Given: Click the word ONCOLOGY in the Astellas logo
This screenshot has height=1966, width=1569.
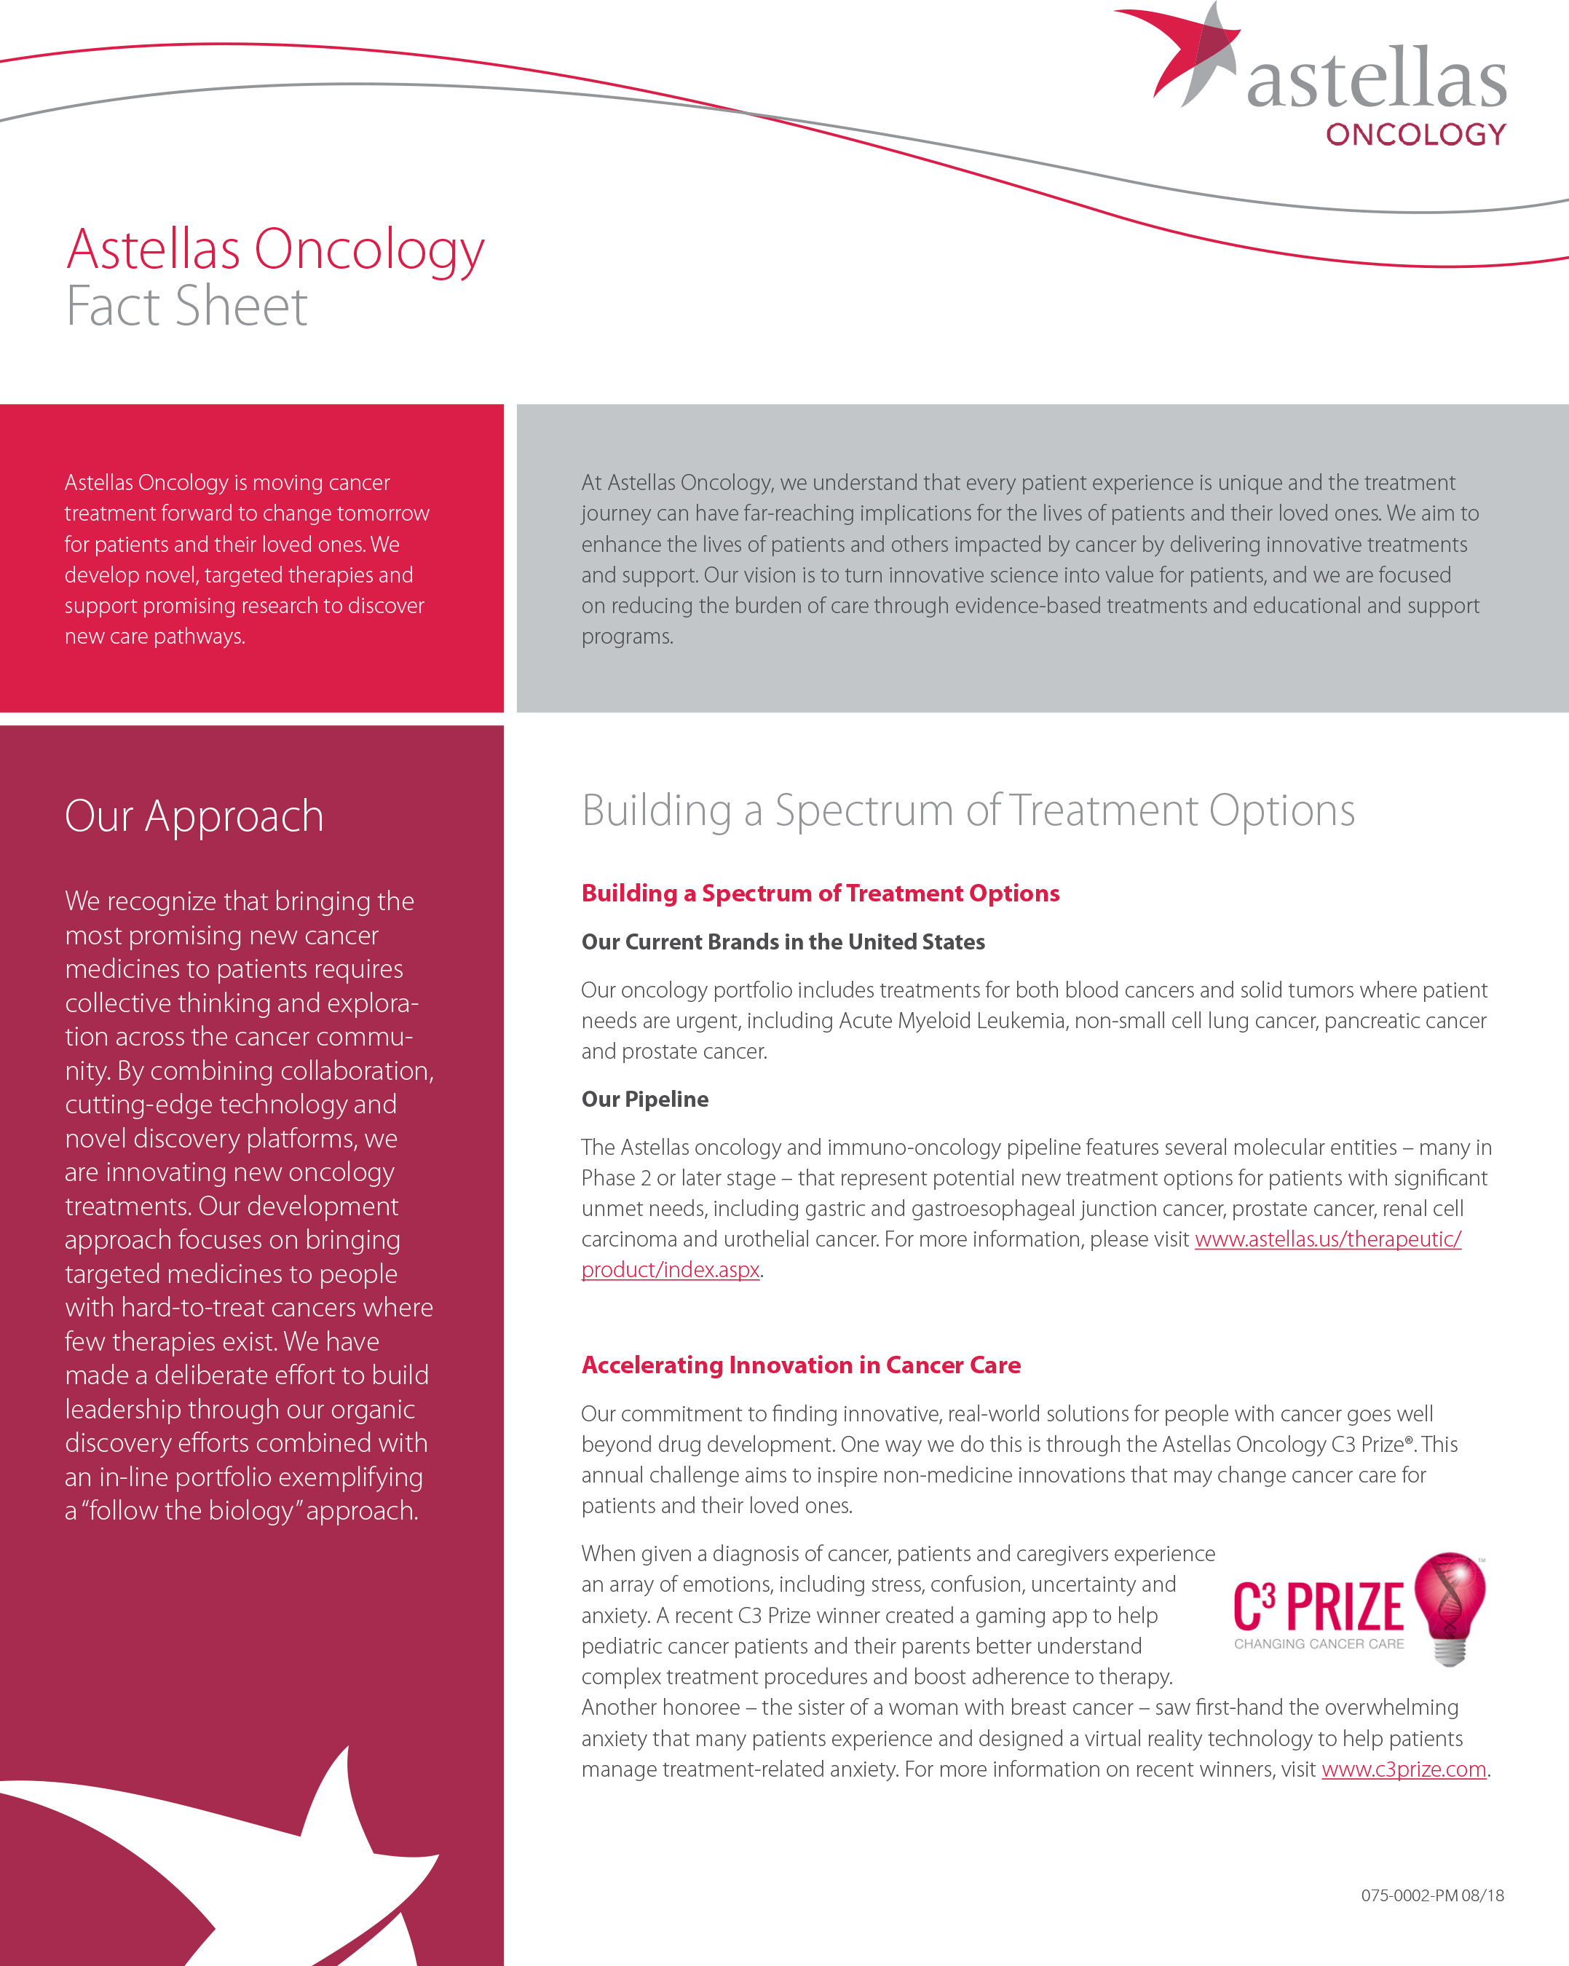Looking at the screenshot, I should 1415,135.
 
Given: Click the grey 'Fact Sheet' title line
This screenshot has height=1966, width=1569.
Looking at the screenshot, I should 187,307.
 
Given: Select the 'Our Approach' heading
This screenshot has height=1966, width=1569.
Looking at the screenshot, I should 194,816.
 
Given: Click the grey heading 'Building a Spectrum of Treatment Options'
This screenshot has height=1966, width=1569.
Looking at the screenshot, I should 968,810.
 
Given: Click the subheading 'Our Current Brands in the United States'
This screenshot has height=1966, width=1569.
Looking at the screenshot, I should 783,942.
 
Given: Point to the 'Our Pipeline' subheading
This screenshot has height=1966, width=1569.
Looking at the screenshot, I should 644,1099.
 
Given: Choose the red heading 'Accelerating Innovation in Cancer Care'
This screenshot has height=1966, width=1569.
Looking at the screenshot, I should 800,1365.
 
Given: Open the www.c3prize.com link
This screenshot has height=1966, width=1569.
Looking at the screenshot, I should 1403,1769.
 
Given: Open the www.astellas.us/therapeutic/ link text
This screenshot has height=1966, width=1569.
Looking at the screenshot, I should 1327,1239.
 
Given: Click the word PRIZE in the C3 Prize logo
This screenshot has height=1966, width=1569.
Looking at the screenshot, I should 1345,1608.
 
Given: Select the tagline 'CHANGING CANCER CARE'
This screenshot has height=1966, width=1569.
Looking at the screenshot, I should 1319,1644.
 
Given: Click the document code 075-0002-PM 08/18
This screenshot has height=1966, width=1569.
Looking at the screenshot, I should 1432,1895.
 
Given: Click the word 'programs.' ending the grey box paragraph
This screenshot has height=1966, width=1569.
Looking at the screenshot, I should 627,636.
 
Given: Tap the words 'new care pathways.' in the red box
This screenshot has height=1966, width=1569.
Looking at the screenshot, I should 155,636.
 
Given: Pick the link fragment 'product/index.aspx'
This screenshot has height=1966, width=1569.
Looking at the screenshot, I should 670,1270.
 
